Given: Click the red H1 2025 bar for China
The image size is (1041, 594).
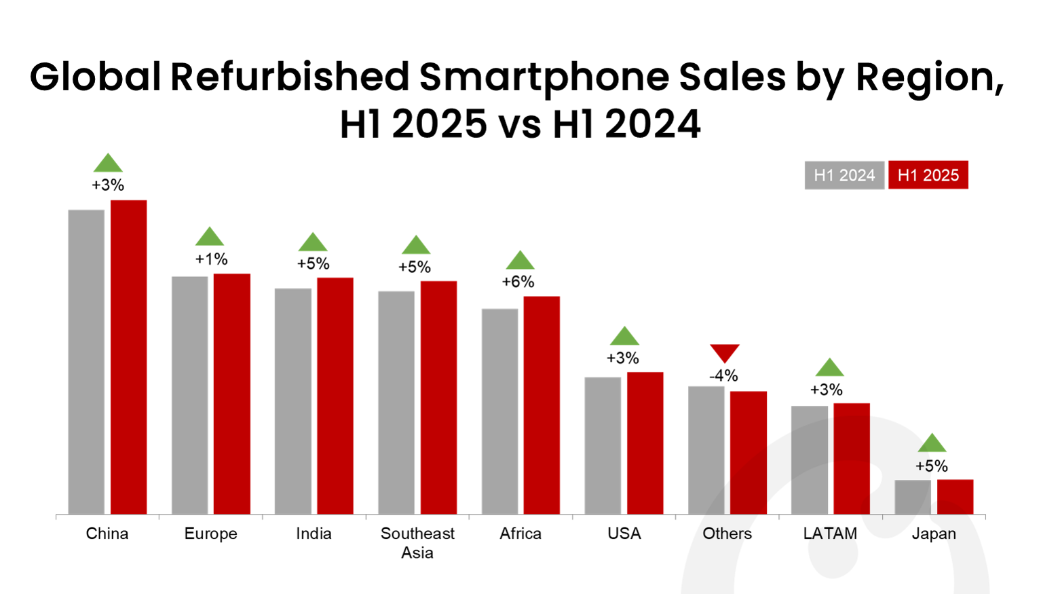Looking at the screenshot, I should pyautogui.click(x=129, y=357).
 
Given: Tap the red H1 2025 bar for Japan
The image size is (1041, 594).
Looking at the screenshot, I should pyautogui.click(x=955, y=497).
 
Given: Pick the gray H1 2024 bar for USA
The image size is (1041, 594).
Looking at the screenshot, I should pyautogui.click(x=603, y=445).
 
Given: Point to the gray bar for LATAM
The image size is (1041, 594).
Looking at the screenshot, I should pyautogui.click(x=810, y=460).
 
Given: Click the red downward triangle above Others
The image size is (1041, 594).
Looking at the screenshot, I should pyautogui.click(x=725, y=352).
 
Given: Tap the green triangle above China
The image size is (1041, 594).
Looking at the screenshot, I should pyautogui.click(x=108, y=164).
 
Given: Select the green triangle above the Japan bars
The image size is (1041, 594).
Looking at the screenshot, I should pyautogui.click(x=932, y=443).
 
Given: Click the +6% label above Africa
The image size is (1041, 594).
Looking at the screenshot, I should pyautogui.click(x=518, y=282).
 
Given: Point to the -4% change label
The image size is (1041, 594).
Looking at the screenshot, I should pyautogui.click(x=723, y=375).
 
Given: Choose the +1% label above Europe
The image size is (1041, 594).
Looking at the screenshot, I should pyautogui.click(x=211, y=259).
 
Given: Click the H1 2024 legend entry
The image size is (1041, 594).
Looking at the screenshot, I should pyautogui.click(x=844, y=175).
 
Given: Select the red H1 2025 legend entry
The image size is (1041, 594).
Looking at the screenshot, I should pyautogui.click(x=928, y=175).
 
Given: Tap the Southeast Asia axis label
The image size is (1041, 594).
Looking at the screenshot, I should pyautogui.click(x=417, y=542).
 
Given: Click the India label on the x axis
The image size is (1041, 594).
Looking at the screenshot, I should pyautogui.click(x=314, y=534).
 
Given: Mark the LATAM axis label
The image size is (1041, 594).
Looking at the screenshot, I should pyautogui.click(x=830, y=534).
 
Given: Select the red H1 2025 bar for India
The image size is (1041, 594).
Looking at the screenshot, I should pyautogui.click(x=335, y=396).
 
